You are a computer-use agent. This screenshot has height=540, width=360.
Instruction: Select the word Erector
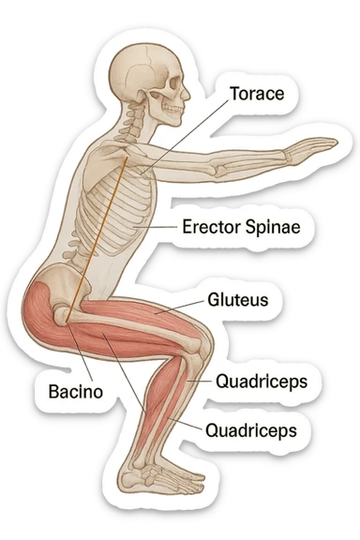pyautogui.click(x=212, y=226)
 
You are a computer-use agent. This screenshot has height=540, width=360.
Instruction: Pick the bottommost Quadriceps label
pyautogui.click(x=250, y=429)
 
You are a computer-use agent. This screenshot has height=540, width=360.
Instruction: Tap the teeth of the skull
pyautogui.click(x=175, y=110)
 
